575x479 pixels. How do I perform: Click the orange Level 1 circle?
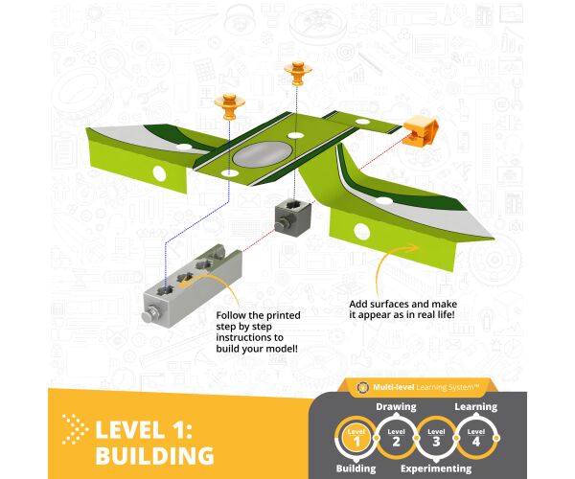pyautogui.click(x=356, y=438)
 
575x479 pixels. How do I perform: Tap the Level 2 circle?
pyautogui.click(x=396, y=438)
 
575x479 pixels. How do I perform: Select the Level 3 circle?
pyautogui.click(x=436, y=438)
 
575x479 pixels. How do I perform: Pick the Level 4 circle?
pyautogui.click(x=476, y=438)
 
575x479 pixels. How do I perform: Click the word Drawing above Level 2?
pyautogui.click(x=396, y=407)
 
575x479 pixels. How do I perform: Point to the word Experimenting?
pyautogui.click(x=436, y=468)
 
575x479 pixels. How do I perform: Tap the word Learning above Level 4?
pyautogui.click(x=476, y=407)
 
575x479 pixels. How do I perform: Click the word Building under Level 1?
pyautogui.click(x=356, y=468)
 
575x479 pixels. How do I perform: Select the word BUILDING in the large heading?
pyautogui.click(x=154, y=456)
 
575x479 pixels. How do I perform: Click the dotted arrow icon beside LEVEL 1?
pyautogui.click(x=75, y=429)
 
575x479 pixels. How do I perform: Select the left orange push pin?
pyautogui.click(x=230, y=106)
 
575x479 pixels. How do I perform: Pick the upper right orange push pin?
pyautogui.click(x=298, y=73)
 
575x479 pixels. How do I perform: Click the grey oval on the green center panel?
pyautogui.click(x=263, y=154)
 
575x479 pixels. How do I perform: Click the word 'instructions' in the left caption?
pyautogui.click(x=249, y=337)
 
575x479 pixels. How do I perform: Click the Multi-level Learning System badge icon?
pyautogui.click(x=362, y=387)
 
